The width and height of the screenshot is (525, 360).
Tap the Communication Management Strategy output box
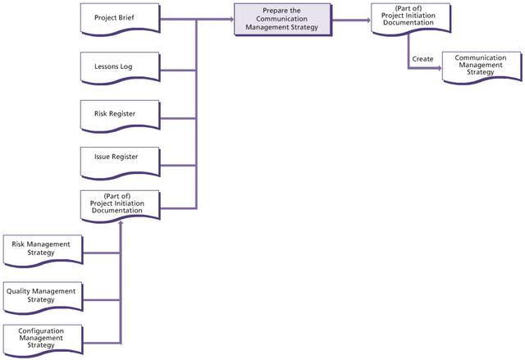pyautogui.click(x=480, y=67)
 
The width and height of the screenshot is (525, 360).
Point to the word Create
pyautogui.click(x=422, y=59)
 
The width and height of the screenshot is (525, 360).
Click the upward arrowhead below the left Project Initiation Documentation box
pyautogui.click(x=121, y=225)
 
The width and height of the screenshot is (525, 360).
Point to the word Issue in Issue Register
pyautogui.click(x=104, y=156)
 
